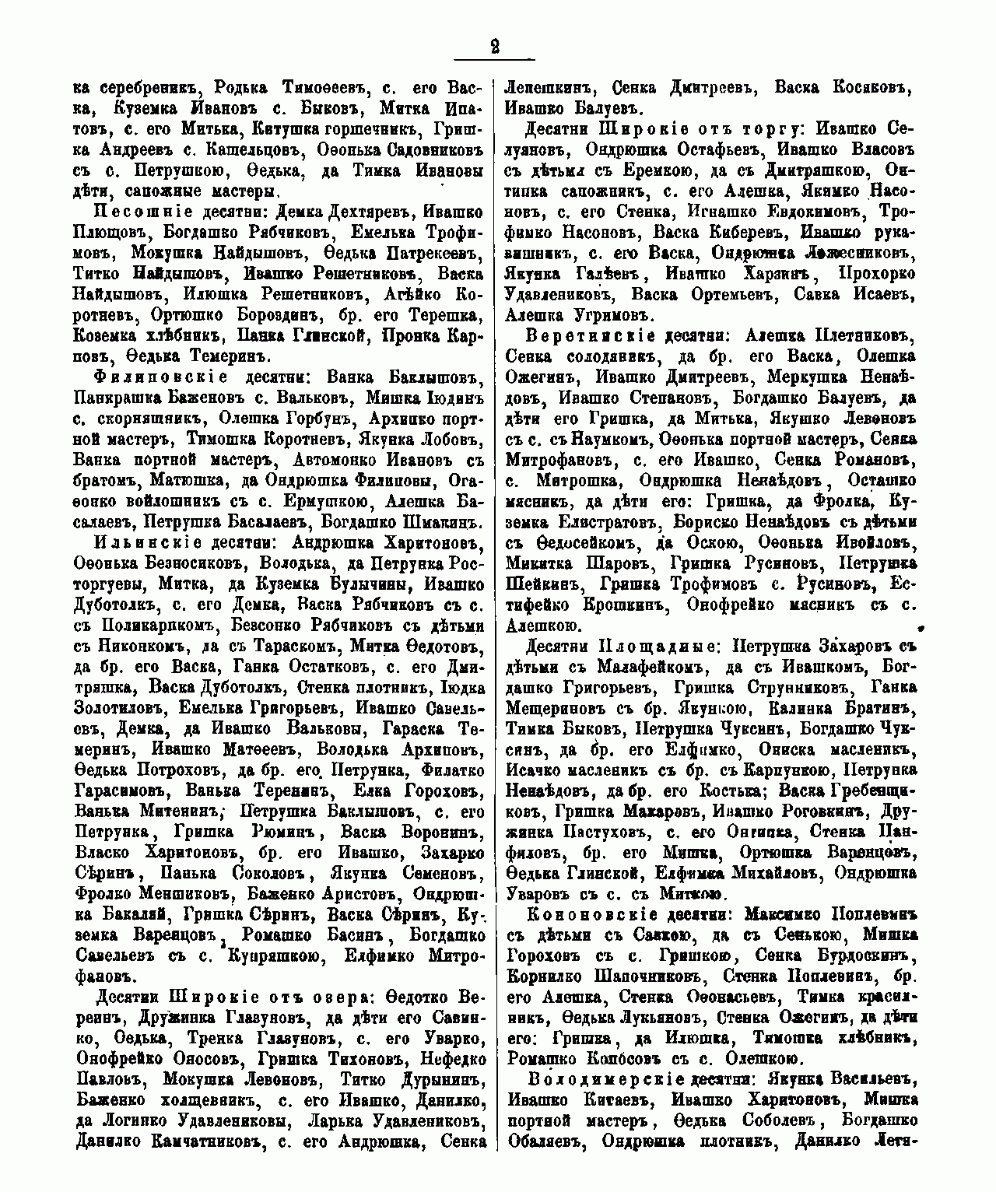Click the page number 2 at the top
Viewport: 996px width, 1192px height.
[494, 46]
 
